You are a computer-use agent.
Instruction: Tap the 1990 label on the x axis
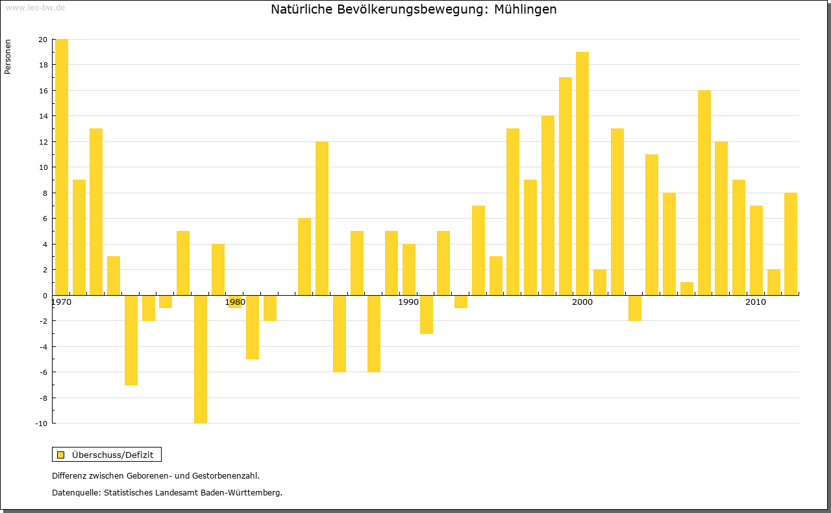[x=408, y=302]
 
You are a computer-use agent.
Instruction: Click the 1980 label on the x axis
[x=235, y=302]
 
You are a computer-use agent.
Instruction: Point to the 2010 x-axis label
[x=756, y=302]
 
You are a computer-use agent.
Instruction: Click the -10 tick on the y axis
[x=41, y=424]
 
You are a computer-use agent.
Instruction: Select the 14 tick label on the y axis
[x=43, y=116]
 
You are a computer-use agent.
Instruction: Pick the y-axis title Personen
[x=8, y=57]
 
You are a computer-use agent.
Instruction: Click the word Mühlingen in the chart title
[x=525, y=10]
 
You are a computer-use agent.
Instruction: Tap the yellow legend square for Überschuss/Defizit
[x=61, y=455]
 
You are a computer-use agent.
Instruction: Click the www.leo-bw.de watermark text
[x=35, y=7]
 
